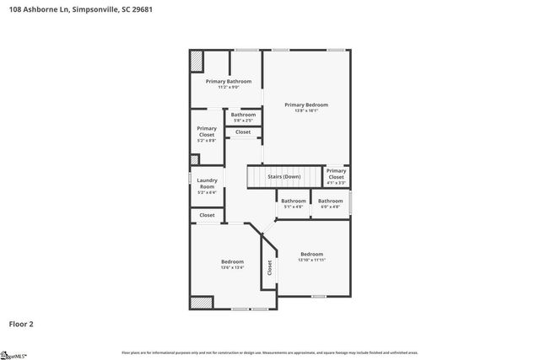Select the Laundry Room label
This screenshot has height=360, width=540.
[x=207, y=183]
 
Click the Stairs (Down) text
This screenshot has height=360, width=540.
[x=284, y=176]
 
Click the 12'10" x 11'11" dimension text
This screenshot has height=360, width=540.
[x=311, y=260]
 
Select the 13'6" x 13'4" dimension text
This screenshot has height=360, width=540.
[x=232, y=267]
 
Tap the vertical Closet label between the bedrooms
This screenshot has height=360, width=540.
[x=270, y=267]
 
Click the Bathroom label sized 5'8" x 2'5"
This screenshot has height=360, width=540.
[x=243, y=115]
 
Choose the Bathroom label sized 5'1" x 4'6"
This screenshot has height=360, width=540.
[x=294, y=201]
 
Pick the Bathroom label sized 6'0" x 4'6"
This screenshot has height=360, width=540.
[x=330, y=201]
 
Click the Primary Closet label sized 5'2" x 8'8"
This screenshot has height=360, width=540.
[x=207, y=132]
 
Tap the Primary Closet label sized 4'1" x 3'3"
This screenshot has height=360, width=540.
[x=336, y=174]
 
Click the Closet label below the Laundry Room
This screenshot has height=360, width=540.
[x=207, y=215]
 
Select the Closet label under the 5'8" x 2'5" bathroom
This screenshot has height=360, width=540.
[x=243, y=132]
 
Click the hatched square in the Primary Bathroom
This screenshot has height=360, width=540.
[x=196, y=62]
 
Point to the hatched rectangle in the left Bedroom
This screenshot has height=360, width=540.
[x=201, y=302]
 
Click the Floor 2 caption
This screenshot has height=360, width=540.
[x=21, y=323]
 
